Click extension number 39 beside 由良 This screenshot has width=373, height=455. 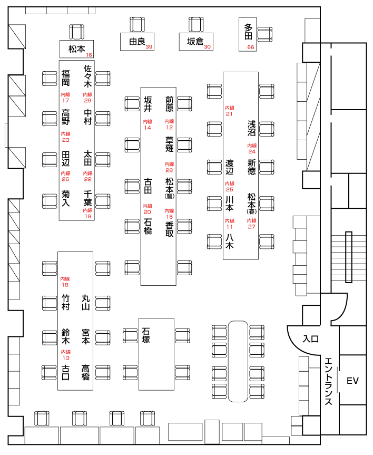coord(149,47)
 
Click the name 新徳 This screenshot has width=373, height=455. coord(251,167)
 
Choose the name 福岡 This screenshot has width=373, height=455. coord(65,78)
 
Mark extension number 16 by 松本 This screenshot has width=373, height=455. coord(89,55)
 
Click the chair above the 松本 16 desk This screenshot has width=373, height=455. coord(77,32)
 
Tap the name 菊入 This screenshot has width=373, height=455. coord(65,198)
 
